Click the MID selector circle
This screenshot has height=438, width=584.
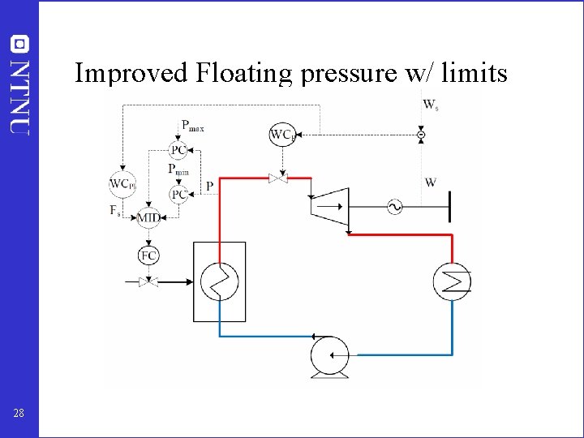[x=148, y=217]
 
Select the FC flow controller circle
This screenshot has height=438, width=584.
[x=148, y=255]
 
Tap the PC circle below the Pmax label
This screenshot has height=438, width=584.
[x=178, y=150]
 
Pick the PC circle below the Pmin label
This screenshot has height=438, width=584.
[x=178, y=194]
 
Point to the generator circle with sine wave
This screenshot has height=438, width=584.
[x=395, y=207]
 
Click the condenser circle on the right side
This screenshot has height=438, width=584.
[x=452, y=281]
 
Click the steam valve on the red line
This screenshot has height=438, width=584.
[x=279, y=178]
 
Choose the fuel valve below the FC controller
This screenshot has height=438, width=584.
[x=148, y=282]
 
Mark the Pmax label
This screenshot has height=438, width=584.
[x=192, y=126]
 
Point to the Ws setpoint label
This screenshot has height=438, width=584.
[x=430, y=105]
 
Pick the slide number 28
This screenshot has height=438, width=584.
[x=19, y=414]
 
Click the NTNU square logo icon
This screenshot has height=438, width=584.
[x=19, y=43]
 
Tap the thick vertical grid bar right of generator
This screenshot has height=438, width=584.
[x=449, y=207]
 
